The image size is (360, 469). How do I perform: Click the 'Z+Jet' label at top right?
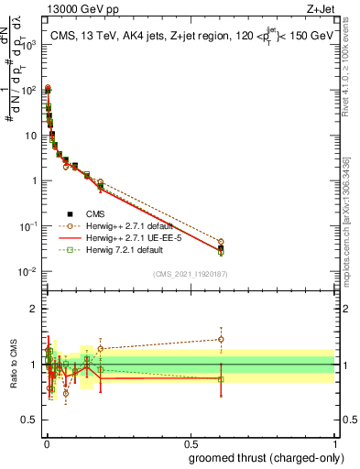[322, 10]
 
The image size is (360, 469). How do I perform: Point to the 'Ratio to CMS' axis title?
[12, 365]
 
